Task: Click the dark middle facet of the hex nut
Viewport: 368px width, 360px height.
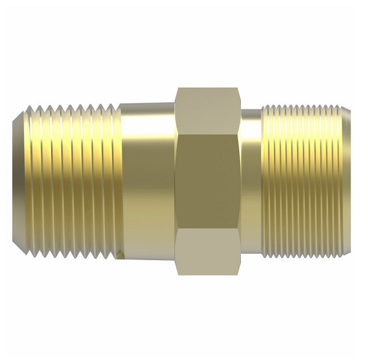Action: [208, 180]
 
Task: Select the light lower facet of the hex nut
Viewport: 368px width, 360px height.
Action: [208, 249]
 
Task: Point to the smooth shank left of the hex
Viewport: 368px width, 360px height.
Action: [148, 180]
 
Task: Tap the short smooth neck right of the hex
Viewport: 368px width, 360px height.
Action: [251, 180]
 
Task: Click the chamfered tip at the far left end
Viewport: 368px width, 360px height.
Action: [19, 180]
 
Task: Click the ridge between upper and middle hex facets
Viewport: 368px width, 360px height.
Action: [208, 135]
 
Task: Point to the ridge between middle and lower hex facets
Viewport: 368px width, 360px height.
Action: [208, 226]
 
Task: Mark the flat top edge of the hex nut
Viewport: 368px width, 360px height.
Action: [208, 88]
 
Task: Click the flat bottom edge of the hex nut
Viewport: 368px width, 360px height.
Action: [208, 273]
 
